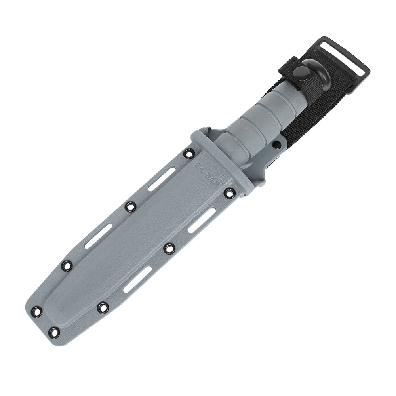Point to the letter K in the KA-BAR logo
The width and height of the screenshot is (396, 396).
point(196,164)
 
